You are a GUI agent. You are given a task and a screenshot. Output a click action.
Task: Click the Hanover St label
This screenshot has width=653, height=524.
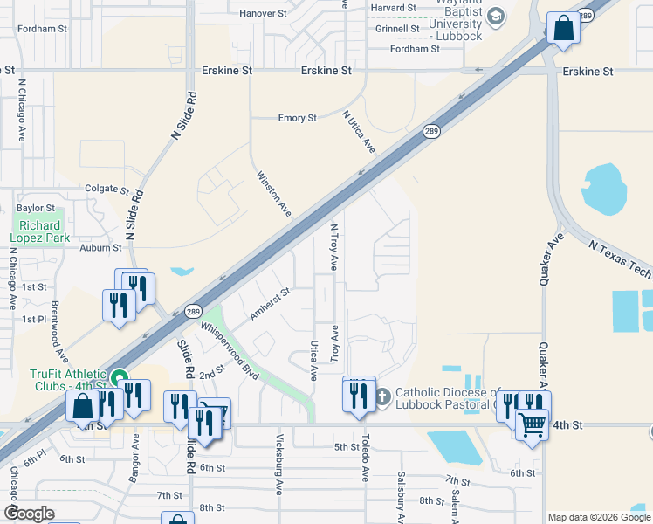(x=263, y=14)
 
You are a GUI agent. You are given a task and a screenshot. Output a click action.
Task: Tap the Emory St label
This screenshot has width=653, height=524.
(x=297, y=118)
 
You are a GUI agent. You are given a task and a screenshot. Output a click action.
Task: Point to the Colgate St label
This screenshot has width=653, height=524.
(x=107, y=189)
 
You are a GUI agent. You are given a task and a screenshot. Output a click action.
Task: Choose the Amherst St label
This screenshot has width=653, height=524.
(x=269, y=304)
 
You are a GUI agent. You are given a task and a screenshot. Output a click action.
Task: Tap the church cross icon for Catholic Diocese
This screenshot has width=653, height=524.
(x=382, y=398)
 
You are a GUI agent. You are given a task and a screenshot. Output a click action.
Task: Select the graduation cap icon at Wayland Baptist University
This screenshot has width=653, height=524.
(x=495, y=17)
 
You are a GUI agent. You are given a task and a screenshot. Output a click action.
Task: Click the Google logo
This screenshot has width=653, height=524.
(x=29, y=514)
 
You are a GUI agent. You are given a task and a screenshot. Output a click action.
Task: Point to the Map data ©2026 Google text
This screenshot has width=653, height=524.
(x=599, y=517)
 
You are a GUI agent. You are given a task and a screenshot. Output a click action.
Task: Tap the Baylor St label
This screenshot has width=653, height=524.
(x=36, y=209)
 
